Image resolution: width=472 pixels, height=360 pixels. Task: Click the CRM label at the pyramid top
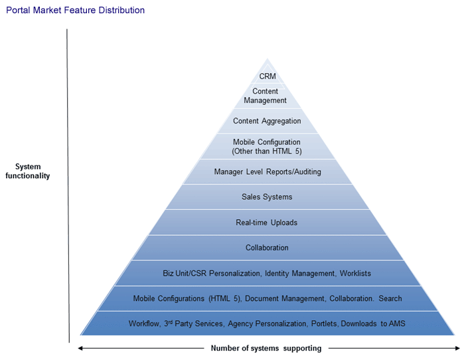[268, 76]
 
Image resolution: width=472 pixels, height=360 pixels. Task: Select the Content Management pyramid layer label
[265, 96]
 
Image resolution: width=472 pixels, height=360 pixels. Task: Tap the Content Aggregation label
[267, 121]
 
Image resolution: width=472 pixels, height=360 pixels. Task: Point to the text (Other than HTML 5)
[267, 151]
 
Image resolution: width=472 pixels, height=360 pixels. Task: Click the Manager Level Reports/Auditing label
[268, 172]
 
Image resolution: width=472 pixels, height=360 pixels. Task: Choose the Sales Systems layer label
[267, 197]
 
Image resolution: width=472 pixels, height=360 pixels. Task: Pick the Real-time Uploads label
[267, 223]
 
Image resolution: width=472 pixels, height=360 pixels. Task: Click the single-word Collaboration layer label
[267, 248]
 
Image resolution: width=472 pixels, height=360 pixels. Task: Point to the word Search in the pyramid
[390, 299]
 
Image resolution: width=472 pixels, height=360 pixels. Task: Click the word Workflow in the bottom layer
[144, 323]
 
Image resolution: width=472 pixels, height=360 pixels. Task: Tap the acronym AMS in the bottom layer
[397, 323]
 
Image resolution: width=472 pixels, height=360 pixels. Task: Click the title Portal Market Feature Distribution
[75, 11]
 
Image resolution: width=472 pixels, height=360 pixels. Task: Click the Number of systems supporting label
[266, 348]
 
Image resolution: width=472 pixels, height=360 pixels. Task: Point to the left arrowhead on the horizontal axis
[80, 348]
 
